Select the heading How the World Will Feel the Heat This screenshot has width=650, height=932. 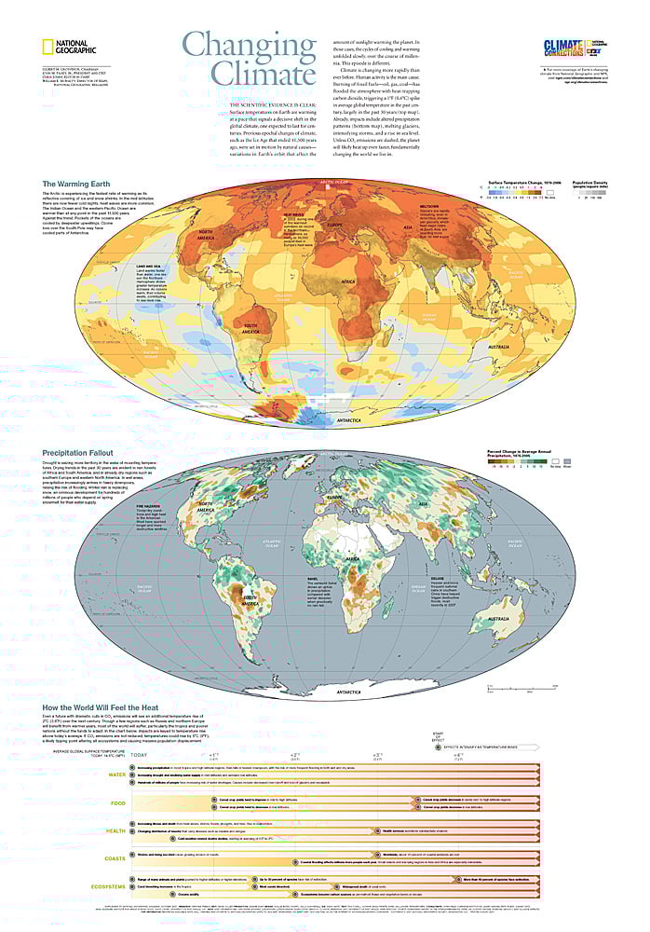(109, 708)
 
